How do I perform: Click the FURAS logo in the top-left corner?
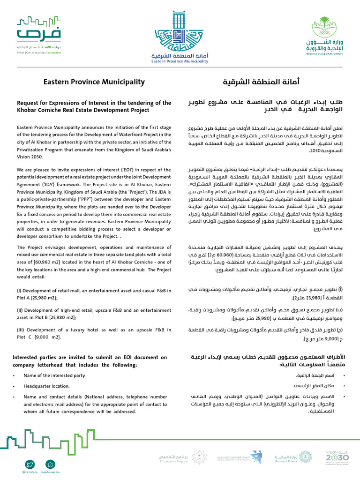(39, 36)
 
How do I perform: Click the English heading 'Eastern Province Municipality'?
(94, 82)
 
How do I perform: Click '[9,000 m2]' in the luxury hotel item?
(50, 337)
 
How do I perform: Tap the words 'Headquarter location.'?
(46, 386)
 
